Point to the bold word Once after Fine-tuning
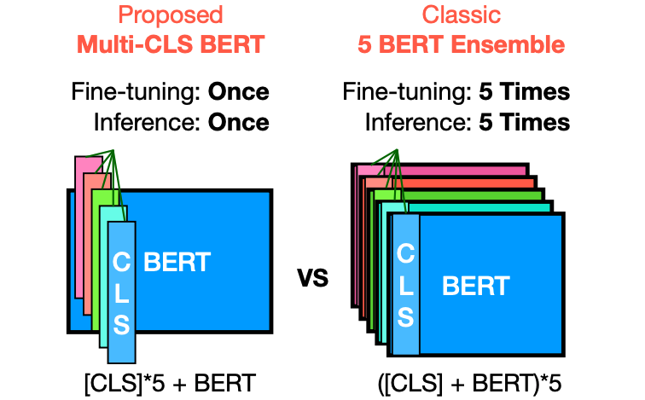tap(238, 91)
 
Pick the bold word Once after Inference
tap(238, 121)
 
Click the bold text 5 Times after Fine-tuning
tap(524, 91)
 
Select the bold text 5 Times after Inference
tap(524, 121)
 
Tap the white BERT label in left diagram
tap(177, 261)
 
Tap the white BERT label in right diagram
tap(475, 286)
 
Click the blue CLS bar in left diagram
tap(121, 290)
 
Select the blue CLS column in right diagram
tap(405, 286)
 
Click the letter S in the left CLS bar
tap(121, 323)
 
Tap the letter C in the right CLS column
tap(406, 253)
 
